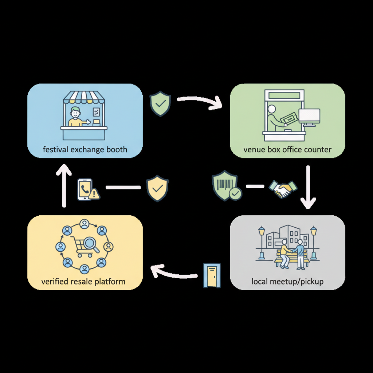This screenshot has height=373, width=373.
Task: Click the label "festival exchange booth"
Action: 85,150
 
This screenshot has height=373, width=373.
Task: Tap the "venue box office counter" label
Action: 287,150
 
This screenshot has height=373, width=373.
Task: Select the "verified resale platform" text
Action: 83,282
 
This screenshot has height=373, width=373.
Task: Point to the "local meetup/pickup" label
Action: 287,282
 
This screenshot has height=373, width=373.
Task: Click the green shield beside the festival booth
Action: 160,104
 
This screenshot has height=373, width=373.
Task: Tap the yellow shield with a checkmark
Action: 157,188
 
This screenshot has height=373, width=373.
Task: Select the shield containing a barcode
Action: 227,185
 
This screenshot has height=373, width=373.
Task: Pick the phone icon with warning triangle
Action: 89,189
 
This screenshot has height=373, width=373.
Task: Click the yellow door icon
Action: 212,275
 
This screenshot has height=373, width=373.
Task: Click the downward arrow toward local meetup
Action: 308,187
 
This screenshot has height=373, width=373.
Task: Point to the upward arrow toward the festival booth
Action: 64,185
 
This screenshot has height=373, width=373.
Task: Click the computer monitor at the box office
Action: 309,118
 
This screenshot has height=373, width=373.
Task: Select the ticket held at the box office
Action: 289,118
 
